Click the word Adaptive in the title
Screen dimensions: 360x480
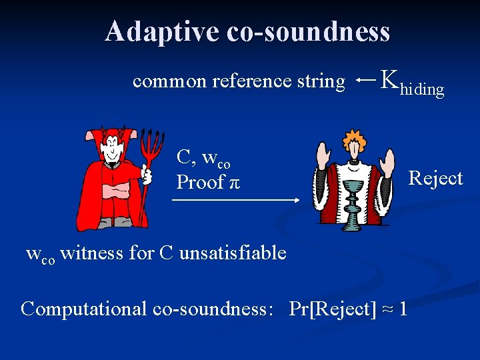click(x=162, y=31)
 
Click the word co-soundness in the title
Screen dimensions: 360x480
click(x=308, y=31)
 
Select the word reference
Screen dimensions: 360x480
click(x=251, y=81)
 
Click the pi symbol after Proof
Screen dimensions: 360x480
click(x=234, y=183)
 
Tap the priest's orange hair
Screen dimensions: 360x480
click(x=353, y=140)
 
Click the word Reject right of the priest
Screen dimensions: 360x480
click(x=435, y=178)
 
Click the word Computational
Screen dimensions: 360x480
click(x=84, y=309)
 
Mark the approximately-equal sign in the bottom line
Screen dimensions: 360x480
click(x=386, y=309)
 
